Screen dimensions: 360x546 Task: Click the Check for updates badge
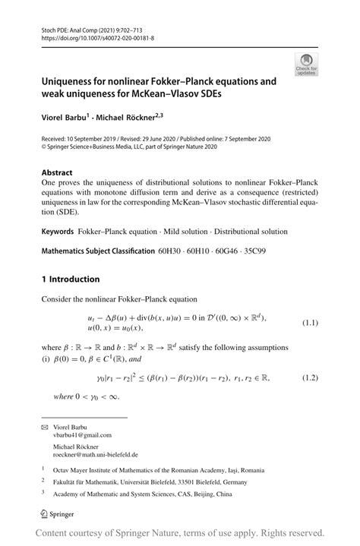(308, 64)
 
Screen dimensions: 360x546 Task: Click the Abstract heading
(57, 172)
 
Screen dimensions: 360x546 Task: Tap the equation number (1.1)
(311, 323)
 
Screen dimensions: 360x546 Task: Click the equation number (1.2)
(311, 377)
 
